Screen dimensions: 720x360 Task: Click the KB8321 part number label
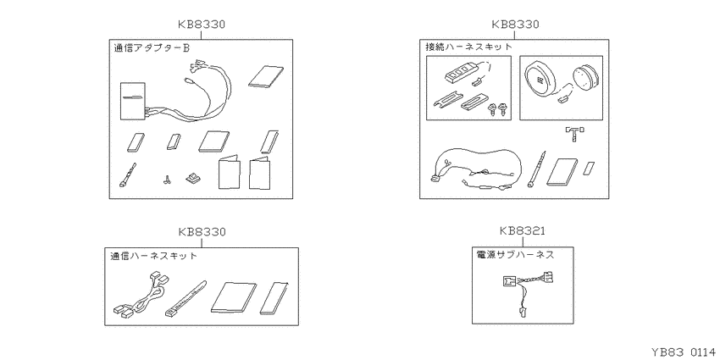click(x=522, y=230)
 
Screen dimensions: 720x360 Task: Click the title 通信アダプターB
click(x=151, y=47)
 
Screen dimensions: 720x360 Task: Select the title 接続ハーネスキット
click(x=468, y=47)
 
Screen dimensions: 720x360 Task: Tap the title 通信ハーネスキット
click(x=153, y=256)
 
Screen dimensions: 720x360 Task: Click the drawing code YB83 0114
click(x=683, y=352)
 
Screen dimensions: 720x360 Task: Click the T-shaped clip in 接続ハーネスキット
click(x=574, y=133)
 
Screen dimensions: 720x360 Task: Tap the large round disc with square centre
click(x=540, y=79)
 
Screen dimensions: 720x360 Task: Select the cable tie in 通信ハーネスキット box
click(x=186, y=299)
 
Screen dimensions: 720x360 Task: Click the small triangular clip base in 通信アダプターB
click(x=193, y=178)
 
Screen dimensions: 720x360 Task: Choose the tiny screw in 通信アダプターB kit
click(x=167, y=180)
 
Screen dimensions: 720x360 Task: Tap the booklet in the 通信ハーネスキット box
click(x=234, y=297)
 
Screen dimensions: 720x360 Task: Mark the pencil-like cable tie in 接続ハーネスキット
click(x=537, y=169)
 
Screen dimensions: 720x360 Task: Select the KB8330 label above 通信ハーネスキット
click(x=202, y=232)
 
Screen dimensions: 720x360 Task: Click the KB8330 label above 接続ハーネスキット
click(x=515, y=24)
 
